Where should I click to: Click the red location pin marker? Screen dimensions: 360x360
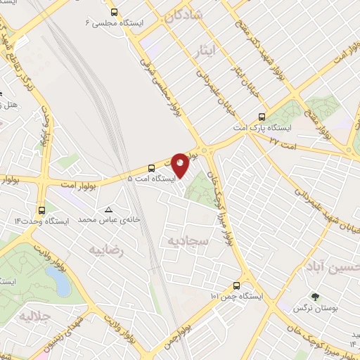click(180, 165)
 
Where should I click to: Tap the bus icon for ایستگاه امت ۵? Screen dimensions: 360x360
click(151, 167)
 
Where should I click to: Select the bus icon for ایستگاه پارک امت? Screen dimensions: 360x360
click(262, 117)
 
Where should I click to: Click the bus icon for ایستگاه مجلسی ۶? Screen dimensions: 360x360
click(115, 12)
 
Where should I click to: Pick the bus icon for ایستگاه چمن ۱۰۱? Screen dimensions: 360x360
click(236, 286)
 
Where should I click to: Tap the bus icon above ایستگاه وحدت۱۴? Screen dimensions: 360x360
click(41, 210)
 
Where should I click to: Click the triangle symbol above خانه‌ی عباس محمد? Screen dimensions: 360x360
click(108, 210)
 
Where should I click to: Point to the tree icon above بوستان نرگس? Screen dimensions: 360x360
click(314, 297)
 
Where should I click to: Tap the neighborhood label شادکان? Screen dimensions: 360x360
click(185, 13)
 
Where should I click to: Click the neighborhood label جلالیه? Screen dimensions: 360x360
click(35, 315)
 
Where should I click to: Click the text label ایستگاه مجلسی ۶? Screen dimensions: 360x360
click(115, 23)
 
